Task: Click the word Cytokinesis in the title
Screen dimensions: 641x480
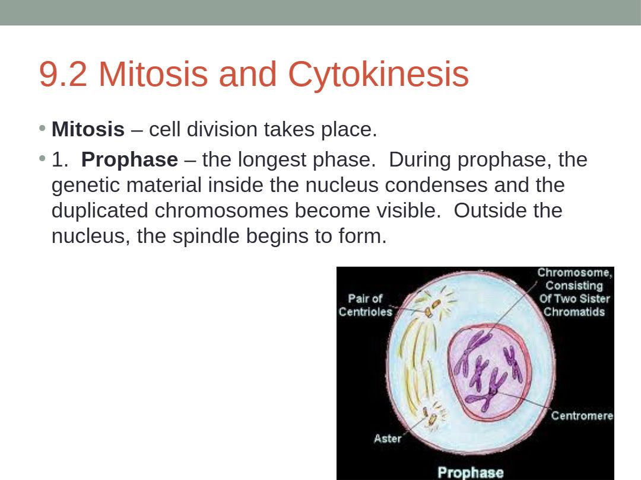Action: pyautogui.click(x=379, y=75)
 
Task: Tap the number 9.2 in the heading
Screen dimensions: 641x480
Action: pyautogui.click(x=63, y=74)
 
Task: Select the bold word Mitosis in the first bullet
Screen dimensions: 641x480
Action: pyautogui.click(x=88, y=129)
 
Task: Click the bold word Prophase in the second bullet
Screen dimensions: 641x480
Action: pyautogui.click(x=129, y=159)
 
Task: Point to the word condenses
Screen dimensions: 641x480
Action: pyautogui.click(x=436, y=185)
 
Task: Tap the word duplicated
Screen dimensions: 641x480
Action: pyautogui.click(x=100, y=210)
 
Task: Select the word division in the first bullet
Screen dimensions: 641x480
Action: pyautogui.click(x=222, y=129)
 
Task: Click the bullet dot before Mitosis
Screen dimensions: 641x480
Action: pyautogui.click(x=42, y=129)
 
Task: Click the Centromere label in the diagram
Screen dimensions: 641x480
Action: pyautogui.click(x=582, y=415)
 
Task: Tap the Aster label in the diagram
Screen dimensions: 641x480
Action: pyautogui.click(x=387, y=439)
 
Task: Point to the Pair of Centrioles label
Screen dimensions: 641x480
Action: pyautogui.click(x=365, y=305)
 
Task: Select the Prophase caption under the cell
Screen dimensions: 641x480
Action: pyautogui.click(x=470, y=473)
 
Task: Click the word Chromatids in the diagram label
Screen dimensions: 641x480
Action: pyautogui.click(x=574, y=312)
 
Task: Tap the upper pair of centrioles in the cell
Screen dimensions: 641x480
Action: pyautogui.click(x=433, y=308)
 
